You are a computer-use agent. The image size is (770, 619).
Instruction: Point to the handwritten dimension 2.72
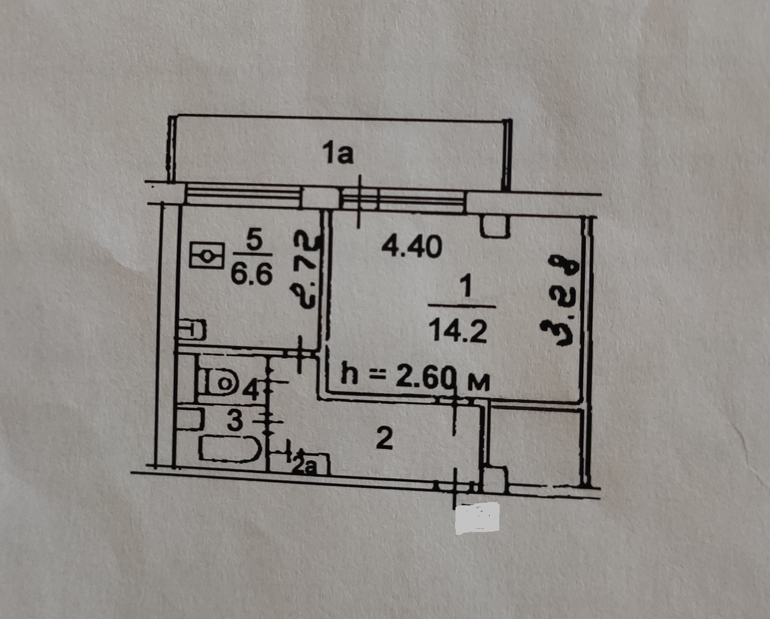tap(306, 270)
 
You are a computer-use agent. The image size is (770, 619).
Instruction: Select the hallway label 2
tap(384, 439)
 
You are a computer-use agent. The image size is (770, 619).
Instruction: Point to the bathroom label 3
tap(235, 422)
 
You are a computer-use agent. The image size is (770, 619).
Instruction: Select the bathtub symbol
tap(229, 449)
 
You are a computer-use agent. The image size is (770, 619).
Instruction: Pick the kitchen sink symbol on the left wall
tap(192, 330)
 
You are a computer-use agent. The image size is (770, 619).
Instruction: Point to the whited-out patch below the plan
tap(477, 519)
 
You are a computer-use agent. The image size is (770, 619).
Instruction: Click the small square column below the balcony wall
tap(495, 226)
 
